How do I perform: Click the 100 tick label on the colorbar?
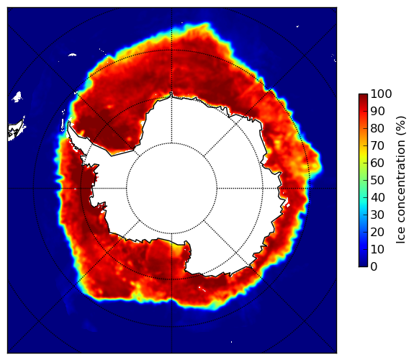coord(381,94)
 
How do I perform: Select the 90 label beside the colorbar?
coord(377,111)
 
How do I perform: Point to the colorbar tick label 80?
coord(377,129)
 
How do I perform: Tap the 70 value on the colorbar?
coord(377,145)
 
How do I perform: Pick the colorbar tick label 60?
coord(377,163)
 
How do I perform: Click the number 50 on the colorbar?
coord(377,181)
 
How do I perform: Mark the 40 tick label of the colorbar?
coord(377,197)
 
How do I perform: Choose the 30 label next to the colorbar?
coord(377,215)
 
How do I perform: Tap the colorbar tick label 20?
coord(377,232)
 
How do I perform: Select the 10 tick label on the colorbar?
coord(377,249)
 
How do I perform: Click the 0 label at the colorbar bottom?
coord(374,267)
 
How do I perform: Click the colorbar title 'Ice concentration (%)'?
coord(401,180)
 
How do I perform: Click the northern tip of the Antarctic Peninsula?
coord(69,122)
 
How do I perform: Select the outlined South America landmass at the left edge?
coord(16,131)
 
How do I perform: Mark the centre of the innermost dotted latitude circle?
coord(171,189)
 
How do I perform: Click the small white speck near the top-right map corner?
coord(298,26)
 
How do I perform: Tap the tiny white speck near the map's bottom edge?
coord(232,342)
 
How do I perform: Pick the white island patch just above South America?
coord(17,96)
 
